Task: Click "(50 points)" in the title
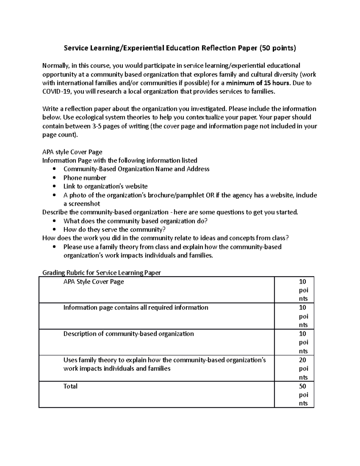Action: pyautogui.click(x=277, y=48)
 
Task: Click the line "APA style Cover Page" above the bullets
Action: pyautogui.click(x=72, y=152)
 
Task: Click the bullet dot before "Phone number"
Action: pyautogui.click(x=54, y=178)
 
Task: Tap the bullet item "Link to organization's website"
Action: pyautogui.click(x=105, y=187)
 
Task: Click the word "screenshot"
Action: pyautogui.click(x=82, y=204)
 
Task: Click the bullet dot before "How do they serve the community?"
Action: pyautogui.click(x=54, y=230)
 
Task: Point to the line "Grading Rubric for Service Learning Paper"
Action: pyautogui.click(x=101, y=273)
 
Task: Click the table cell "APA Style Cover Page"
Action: pyautogui.click(x=94, y=282)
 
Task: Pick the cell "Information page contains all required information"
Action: pyautogui.click(x=136, y=308)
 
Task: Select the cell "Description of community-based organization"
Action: pyautogui.click(x=128, y=334)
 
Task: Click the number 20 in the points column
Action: pyautogui.click(x=302, y=360)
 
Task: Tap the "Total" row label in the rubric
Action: pyautogui.click(x=70, y=386)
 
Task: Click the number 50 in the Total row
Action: pyautogui.click(x=302, y=386)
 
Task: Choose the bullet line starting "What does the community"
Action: pyautogui.click(x=135, y=221)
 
